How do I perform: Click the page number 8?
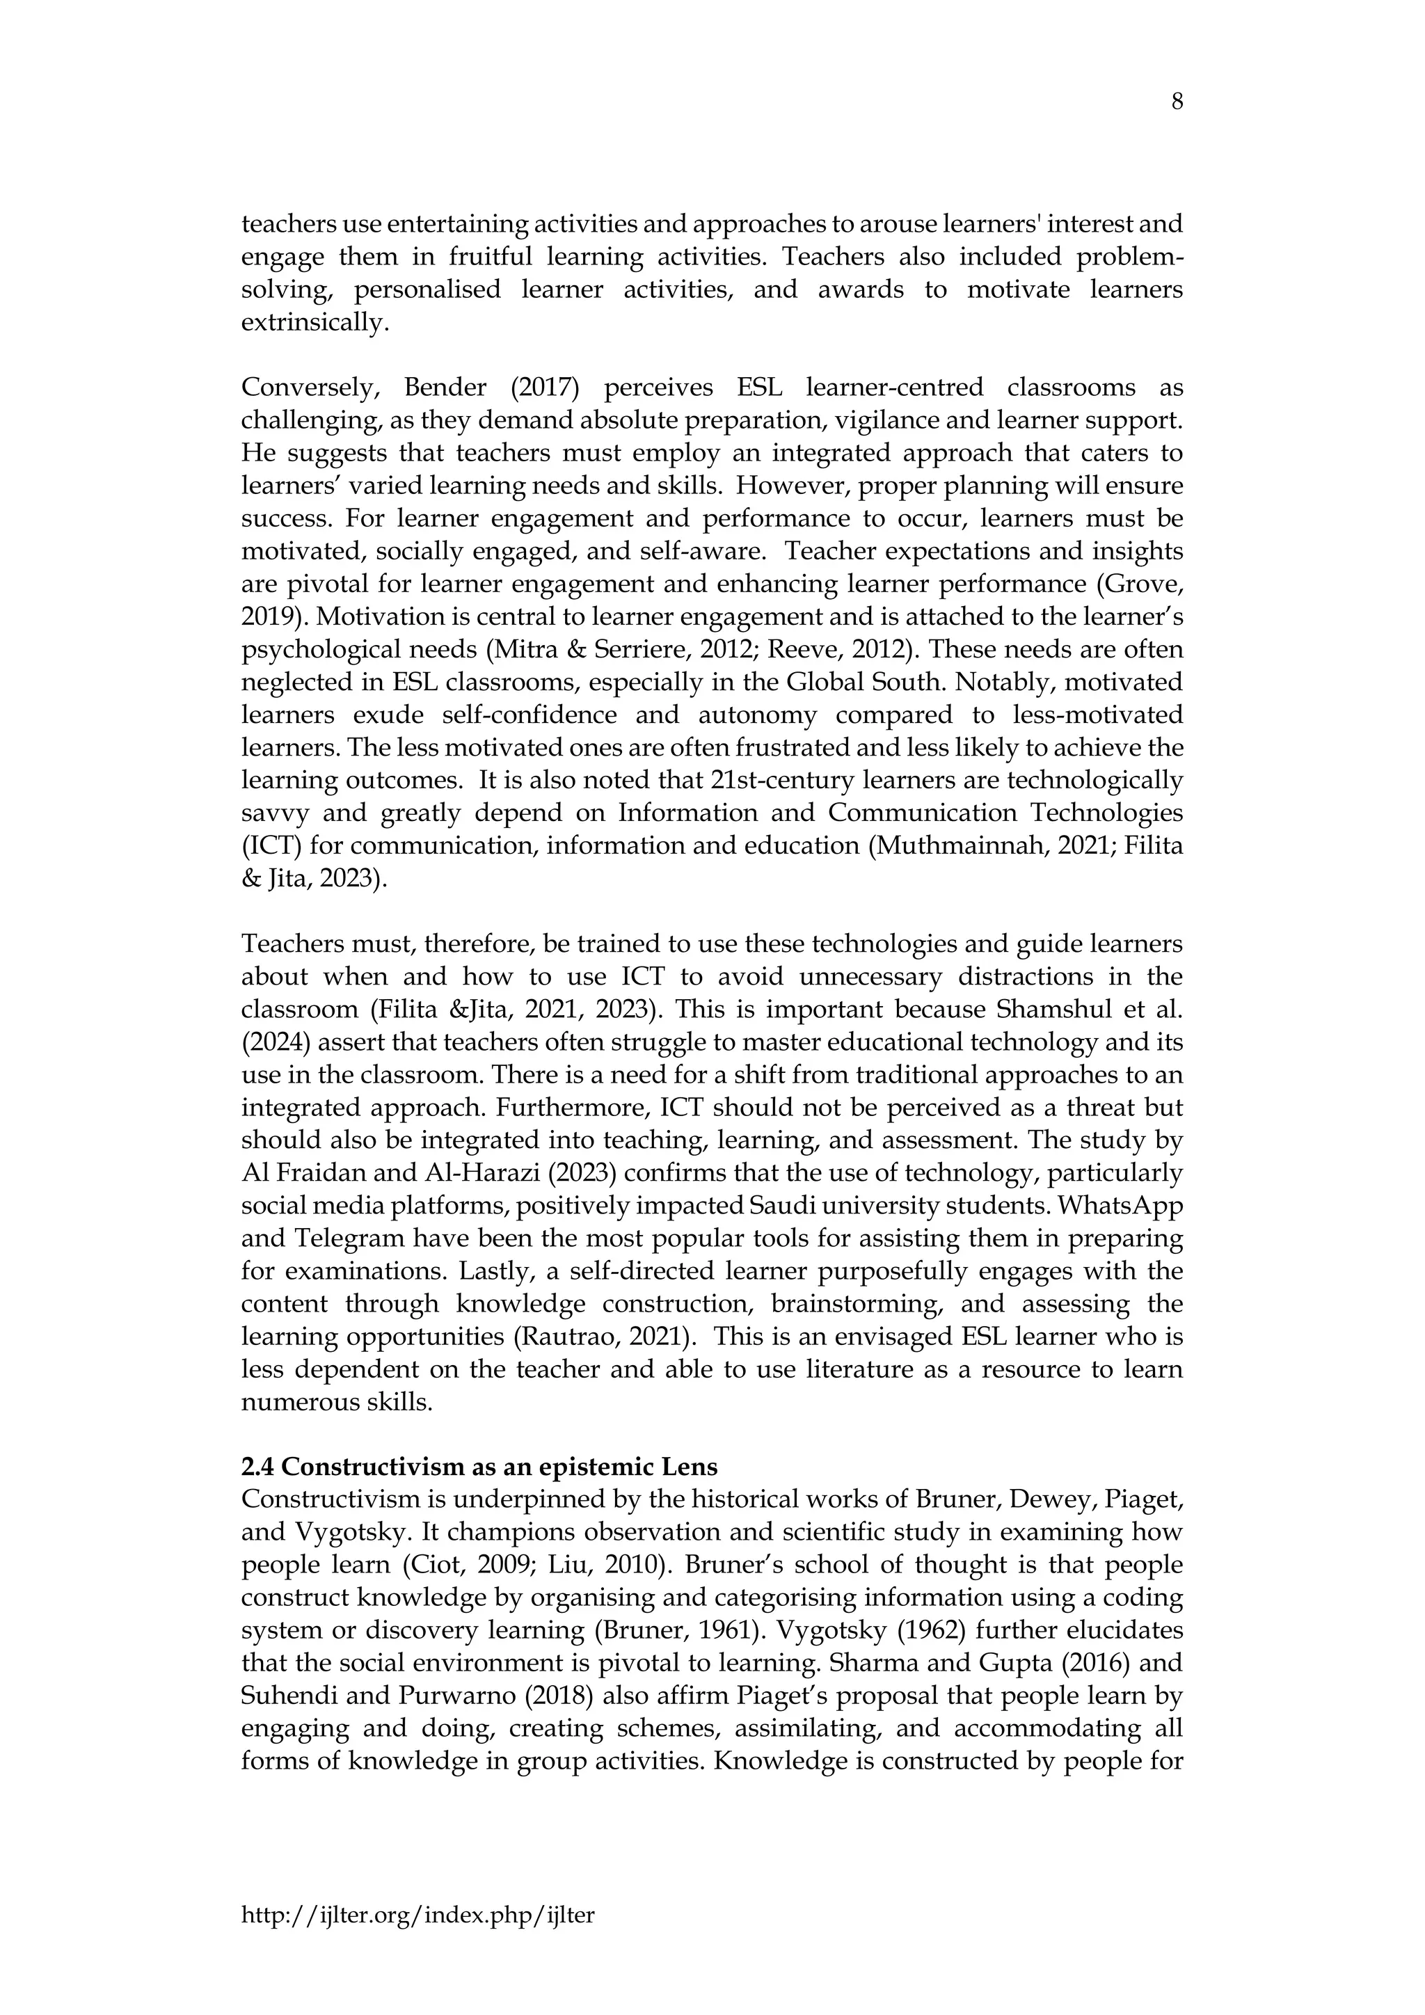1177,103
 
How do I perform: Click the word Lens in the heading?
689,1467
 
